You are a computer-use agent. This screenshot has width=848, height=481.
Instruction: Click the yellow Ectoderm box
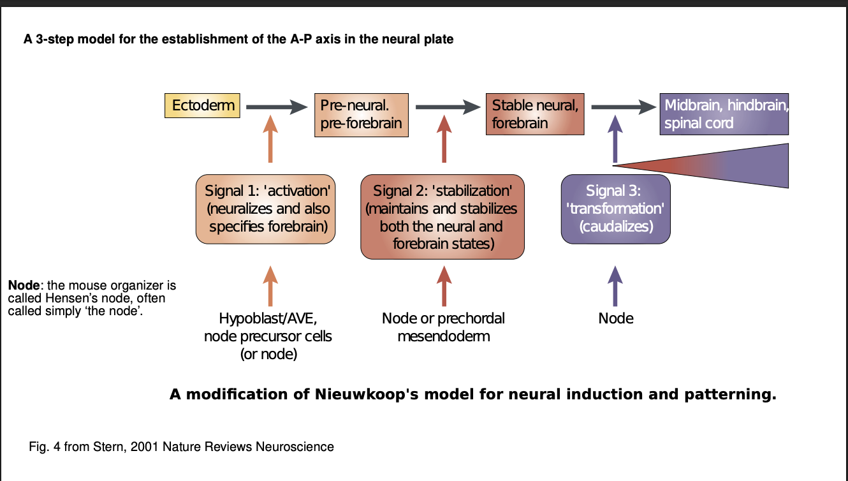pyautogui.click(x=202, y=105)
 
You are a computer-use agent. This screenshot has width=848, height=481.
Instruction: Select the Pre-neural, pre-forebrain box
pyautogui.click(x=361, y=114)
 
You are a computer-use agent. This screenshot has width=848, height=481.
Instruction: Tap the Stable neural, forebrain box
pyautogui.click(x=535, y=114)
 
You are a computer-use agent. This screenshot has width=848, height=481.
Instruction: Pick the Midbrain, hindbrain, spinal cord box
pyautogui.click(x=724, y=114)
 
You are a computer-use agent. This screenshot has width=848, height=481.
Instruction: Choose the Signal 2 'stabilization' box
pyautogui.click(x=442, y=217)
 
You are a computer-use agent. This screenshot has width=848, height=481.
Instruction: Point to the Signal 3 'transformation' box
pyautogui.click(x=615, y=209)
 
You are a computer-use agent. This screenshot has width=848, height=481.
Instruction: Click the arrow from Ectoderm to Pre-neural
pyautogui.click(x=276, y=107)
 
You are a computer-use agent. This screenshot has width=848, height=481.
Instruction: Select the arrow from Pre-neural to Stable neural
pyautogui.click(x=447, y=107)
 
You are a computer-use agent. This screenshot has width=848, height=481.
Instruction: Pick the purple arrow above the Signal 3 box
pyautogui.click(x=615, y=139)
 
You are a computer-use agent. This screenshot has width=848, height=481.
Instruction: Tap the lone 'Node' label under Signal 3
pyautogui.click(x=616, y=318)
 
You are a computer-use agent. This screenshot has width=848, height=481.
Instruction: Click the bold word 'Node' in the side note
pyautogui.click(x=23, y=285)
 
